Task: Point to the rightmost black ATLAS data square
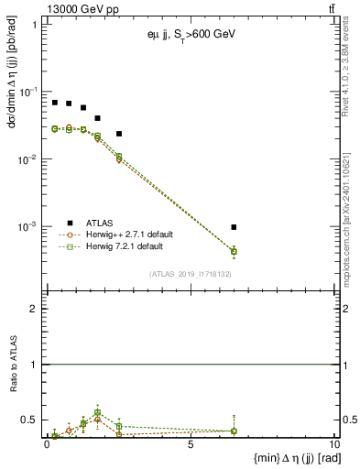(x=235, y=227)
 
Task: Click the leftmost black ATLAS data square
(x=55, y=103)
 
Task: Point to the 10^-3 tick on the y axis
(x=33, y=226)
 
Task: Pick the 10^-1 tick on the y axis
(x=33, y=92)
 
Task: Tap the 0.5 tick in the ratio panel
(x=33, y=420)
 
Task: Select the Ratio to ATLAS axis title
(x=15, y=365)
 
